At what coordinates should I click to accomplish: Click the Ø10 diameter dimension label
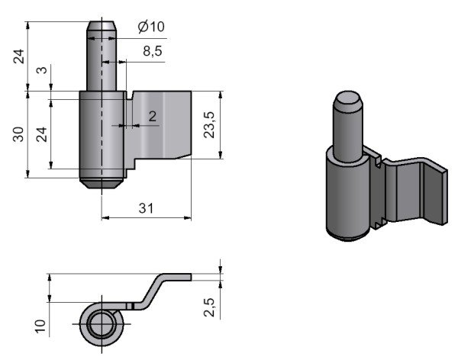[x=150, y=27]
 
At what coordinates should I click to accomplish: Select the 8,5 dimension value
[x=151, y=51]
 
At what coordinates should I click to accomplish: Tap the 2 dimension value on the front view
[x=152, y=116]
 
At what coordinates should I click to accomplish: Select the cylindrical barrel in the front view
[x=101, y=133]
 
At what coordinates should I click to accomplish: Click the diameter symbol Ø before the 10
[x=143, y=27]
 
